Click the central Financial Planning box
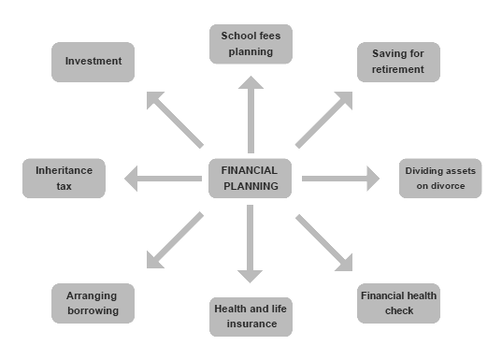250,178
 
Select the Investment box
93,61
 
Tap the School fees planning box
251,44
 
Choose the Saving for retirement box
397,61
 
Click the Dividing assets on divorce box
441,178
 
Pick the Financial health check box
397,303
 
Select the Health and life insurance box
251,316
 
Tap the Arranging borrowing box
93,303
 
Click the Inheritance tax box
64,178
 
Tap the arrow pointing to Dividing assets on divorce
341,178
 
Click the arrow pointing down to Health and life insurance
251,243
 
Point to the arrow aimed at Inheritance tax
163,178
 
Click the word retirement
397,69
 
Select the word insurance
251,324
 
